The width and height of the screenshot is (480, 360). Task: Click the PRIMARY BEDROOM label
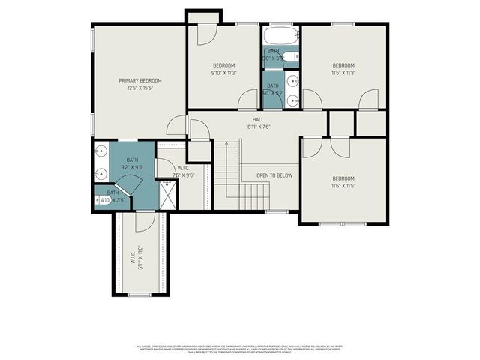coord(140,80)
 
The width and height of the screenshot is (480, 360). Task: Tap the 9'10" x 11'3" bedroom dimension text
coord(223,73)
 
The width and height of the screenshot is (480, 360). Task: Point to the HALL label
coord(257,119)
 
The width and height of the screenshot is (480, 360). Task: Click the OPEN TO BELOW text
coord(274,175)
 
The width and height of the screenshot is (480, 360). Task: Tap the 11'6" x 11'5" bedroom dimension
coord(343,186)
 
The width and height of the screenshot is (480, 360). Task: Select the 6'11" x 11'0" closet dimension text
coord(140,258)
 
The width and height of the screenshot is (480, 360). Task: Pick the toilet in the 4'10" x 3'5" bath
coord(97,200)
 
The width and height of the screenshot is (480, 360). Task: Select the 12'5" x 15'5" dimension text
coord(140,88)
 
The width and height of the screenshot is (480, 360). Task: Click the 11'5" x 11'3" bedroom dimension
coord(343,73)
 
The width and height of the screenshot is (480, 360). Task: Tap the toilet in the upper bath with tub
coord(291,55)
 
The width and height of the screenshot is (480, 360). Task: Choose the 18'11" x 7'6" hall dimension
coord(257,127)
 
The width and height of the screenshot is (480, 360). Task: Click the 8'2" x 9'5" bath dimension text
coord(132,167)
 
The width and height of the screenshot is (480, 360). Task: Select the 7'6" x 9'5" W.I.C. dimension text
coord(183,175)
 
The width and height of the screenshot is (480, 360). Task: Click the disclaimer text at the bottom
coord(240,349)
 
